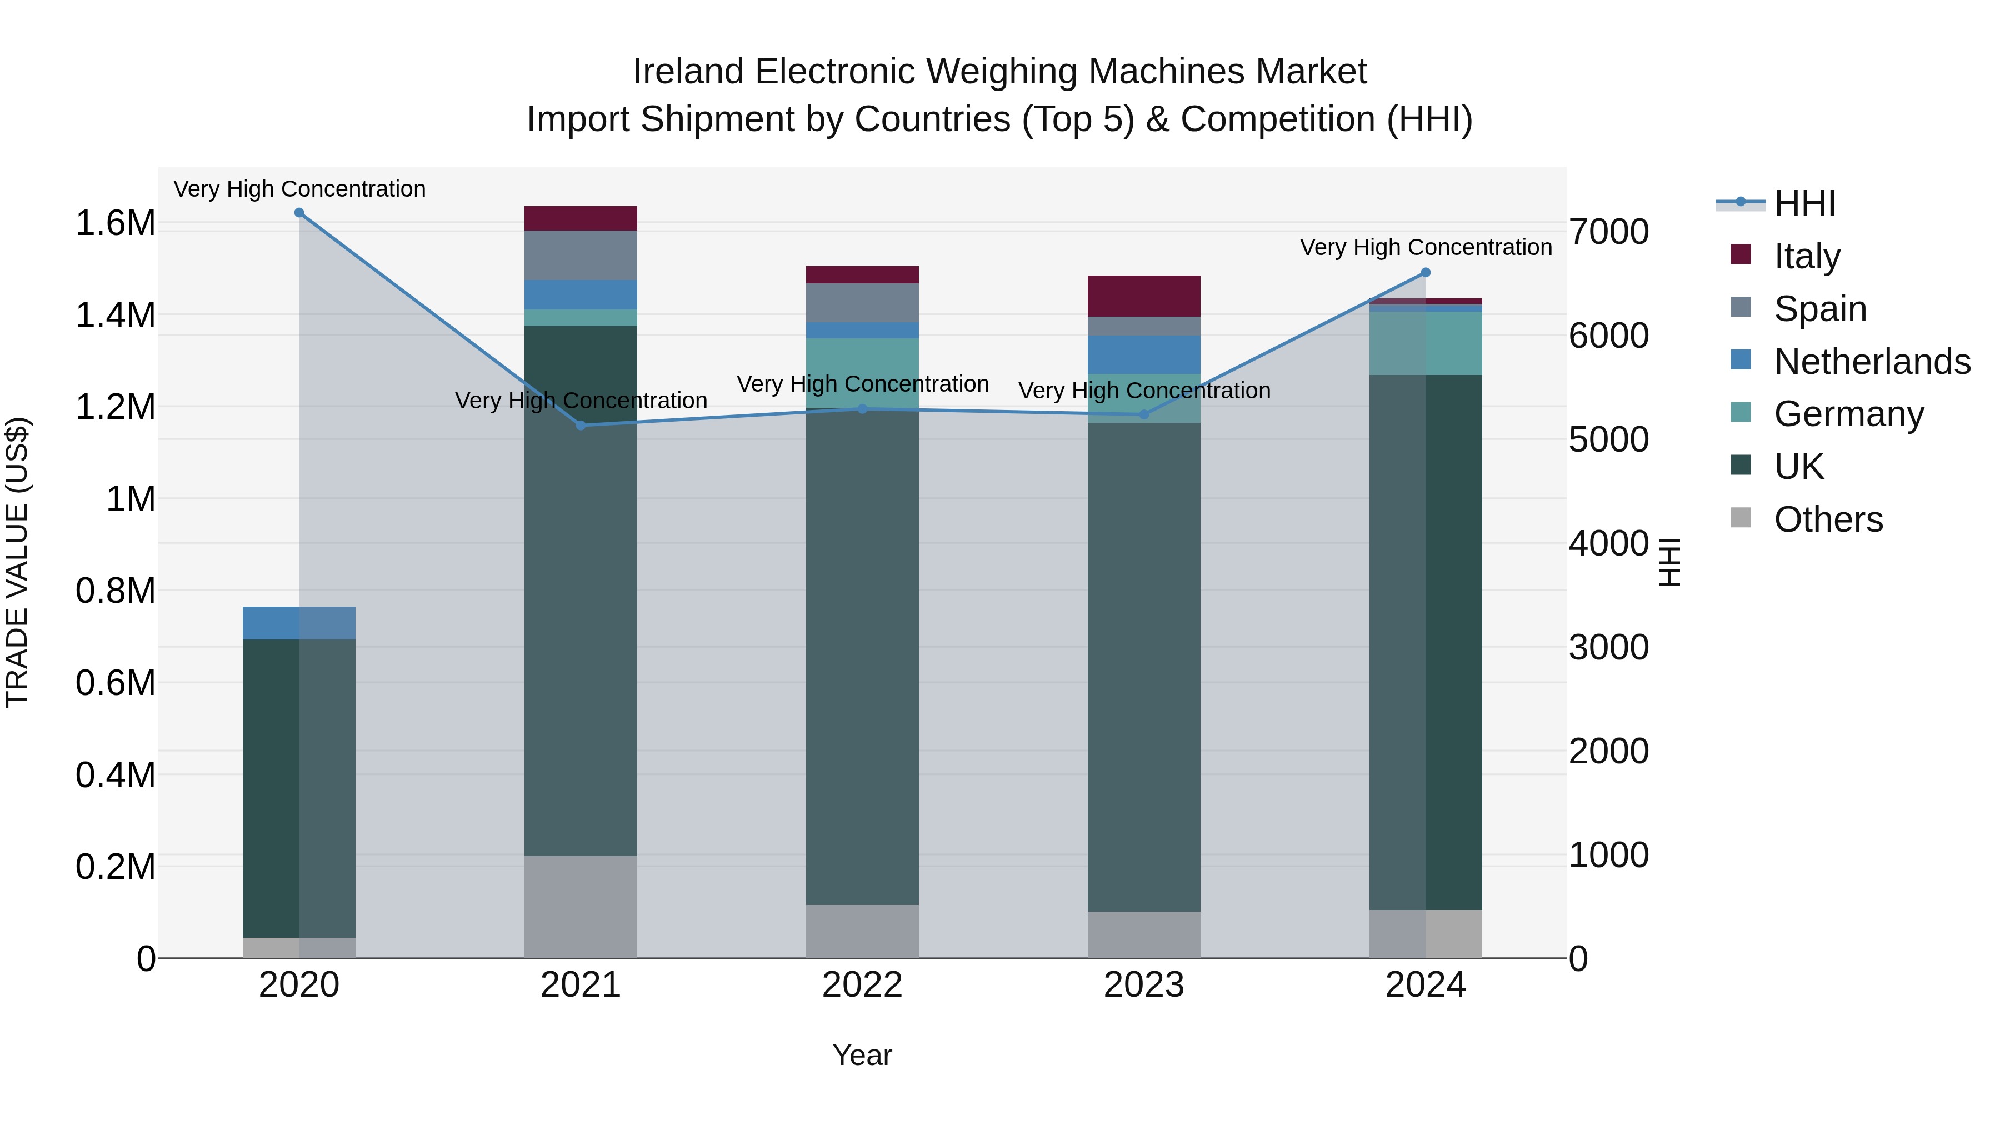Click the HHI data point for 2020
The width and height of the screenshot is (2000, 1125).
click(299, 213)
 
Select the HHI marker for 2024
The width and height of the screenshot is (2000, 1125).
click(1426, 273)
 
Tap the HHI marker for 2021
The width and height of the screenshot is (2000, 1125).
click(581, 426)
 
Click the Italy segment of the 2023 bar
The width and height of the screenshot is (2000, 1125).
click(1144, 296)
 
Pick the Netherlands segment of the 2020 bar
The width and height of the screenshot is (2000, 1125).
click(299, 623)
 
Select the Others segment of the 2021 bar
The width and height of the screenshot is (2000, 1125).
click(581, 907)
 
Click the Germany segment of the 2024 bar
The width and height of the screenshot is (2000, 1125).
click(1426, 343)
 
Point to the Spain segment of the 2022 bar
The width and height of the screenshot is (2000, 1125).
click(862, 303)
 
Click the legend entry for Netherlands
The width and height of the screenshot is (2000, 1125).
click(1872, 362)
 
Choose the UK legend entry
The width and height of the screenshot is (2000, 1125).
click(1798, 467)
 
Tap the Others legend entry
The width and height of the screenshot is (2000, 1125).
click(1828, 519)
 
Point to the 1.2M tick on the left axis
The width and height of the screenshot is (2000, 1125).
click(115, 407)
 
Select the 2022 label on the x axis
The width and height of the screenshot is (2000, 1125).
click(862, 985)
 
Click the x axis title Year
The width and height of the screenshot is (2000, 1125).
click(862, 1055)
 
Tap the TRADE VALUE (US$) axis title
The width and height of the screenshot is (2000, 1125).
click(17, 562)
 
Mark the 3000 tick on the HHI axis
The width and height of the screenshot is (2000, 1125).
click(1608, 648)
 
